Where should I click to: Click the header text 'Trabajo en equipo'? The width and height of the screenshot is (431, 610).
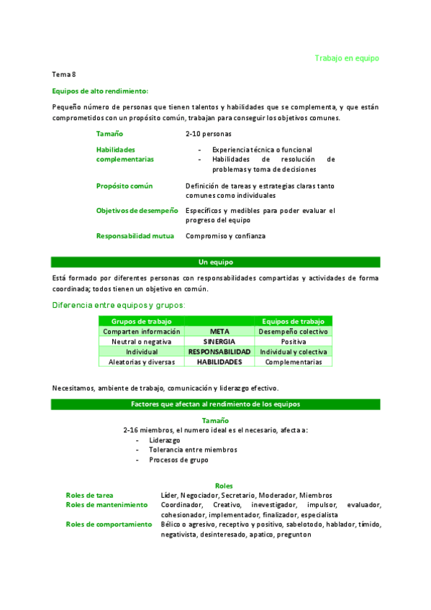pos(347,58)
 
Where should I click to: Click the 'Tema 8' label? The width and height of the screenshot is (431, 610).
pos(64,74)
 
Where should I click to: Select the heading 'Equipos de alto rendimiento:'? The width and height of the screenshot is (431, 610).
pos(101,91)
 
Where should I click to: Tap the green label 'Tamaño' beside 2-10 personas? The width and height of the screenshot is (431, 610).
pos(109,134)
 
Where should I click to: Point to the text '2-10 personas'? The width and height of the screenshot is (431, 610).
pos(209,134)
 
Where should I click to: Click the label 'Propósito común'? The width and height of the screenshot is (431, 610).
pos(124,186)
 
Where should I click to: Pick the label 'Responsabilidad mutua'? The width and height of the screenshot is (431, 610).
pos(135,236)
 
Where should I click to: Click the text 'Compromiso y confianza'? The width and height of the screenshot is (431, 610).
pos(225,236)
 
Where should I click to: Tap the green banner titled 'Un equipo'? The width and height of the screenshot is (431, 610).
pos(216,262)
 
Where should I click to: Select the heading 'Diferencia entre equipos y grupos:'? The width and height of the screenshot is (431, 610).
pos(119,305)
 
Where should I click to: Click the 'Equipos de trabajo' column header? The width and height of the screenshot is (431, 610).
pos(294,321)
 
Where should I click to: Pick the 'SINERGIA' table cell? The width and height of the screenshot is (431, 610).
pos(219,342)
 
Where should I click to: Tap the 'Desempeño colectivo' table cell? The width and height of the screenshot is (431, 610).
pos(294,332)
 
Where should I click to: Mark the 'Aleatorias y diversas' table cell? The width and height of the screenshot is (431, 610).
pos(142,362)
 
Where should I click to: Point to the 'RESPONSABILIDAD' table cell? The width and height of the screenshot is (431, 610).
pos(219,352)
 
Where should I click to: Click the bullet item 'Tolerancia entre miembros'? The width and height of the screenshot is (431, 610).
pos(193,450)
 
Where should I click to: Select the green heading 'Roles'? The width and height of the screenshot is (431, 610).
pos(224,486)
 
